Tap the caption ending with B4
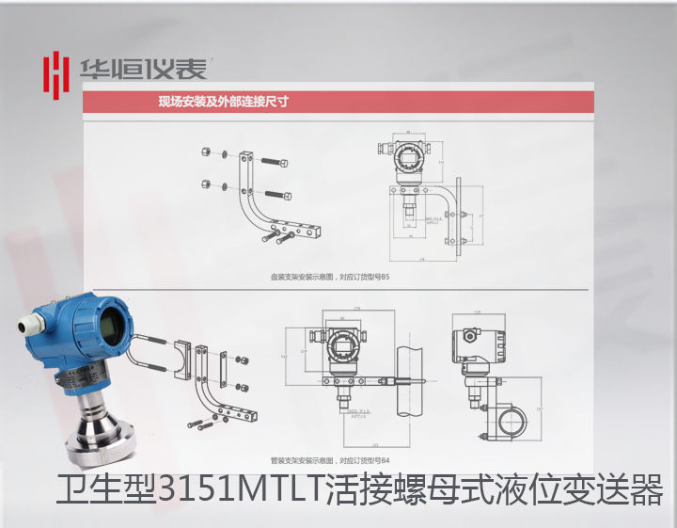[x=328, y=461]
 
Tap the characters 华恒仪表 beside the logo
[x=142, y=70]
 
